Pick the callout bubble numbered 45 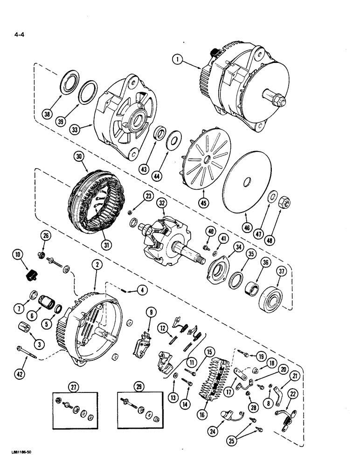tap(203, 202)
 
